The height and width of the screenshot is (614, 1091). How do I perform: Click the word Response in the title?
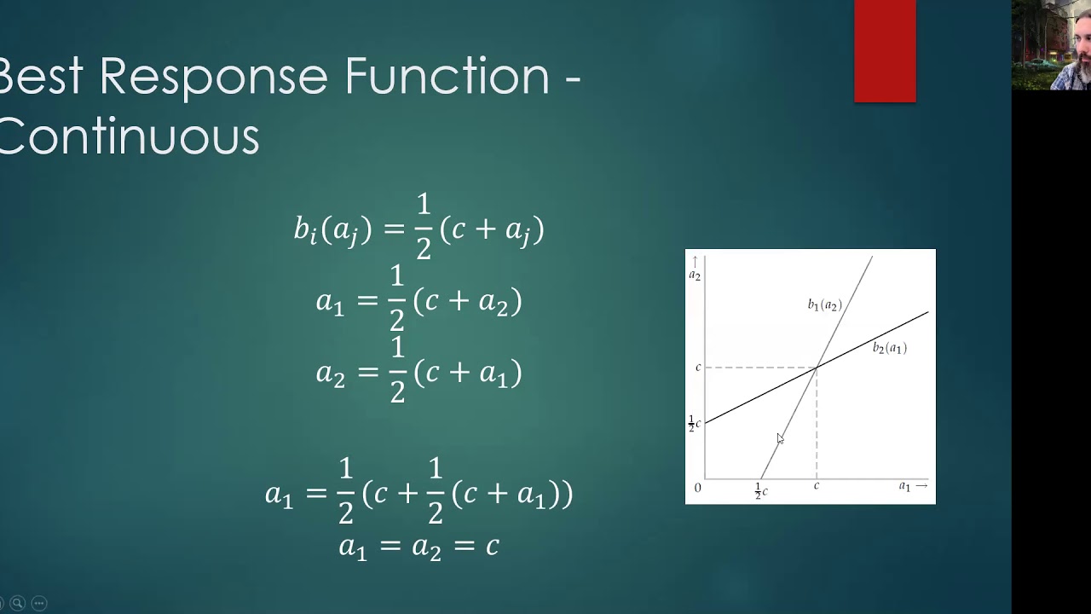(x=213, y=77)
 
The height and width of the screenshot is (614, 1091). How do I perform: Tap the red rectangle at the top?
(x=885, y=51)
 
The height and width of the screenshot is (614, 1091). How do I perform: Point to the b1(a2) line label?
(x=824, y=304)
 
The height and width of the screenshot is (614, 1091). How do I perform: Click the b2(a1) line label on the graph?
(x=889, y=348)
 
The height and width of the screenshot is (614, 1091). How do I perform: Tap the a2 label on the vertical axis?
(x=695, y=275)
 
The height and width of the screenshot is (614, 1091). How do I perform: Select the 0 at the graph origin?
(x=697, y=488)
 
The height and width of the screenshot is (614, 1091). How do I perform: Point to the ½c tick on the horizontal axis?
(x=761, y=490)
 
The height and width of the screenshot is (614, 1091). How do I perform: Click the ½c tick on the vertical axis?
(x=695, y=423)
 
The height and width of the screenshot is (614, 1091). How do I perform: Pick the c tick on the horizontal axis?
(x=817, y=486)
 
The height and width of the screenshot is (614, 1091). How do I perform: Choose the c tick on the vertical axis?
(x=698, y=368)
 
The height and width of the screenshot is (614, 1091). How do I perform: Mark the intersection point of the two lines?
(x=817, y=368)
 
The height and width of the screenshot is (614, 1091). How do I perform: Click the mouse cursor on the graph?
(x=779, y=438)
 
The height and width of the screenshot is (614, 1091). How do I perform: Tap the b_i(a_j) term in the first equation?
(x=332, y=229)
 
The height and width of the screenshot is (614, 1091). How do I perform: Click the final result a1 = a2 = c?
(x=419, y=546)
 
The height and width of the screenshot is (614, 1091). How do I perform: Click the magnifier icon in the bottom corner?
(x=17, y=603)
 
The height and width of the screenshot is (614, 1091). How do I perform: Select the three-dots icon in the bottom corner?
(x=38, y=603)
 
